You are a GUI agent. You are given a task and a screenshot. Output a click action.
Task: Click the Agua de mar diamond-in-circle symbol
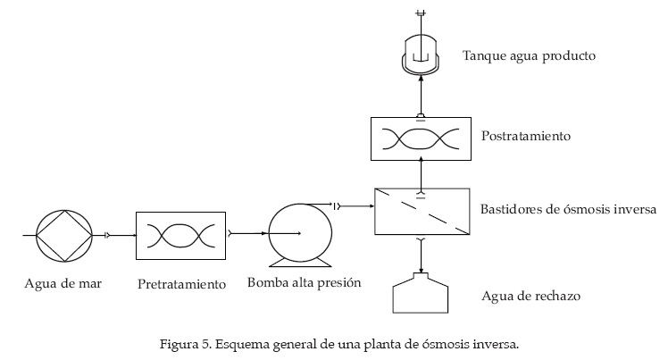click(63, 235)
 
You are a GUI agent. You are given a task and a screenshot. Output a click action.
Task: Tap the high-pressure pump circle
click(299, 232)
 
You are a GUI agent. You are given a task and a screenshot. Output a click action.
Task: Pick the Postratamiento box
click(420, 138)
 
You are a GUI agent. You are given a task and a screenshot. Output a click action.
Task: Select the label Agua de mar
click(63, 285)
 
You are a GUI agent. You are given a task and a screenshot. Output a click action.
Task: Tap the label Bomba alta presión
click(304, 284)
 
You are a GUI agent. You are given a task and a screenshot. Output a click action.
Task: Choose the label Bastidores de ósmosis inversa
click(569, 211)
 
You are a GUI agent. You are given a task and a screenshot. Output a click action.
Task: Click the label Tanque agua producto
click(529, 56)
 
